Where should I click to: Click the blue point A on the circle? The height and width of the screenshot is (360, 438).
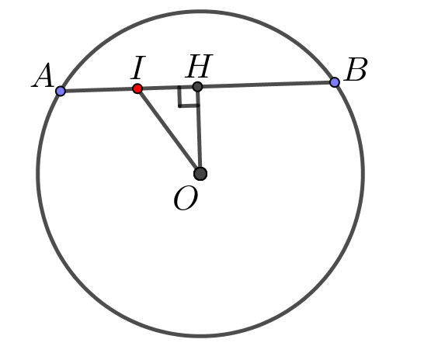coord(61,91)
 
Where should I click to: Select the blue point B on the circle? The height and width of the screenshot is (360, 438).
coord(335,82)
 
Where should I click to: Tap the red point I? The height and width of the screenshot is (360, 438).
coord(137,88)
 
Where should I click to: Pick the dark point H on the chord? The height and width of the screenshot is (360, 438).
coord(197,87)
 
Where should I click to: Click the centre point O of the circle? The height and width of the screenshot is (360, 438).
coord(200,174)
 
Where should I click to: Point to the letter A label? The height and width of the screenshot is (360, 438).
coord(43,75)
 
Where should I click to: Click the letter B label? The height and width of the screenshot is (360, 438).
coord(356,70)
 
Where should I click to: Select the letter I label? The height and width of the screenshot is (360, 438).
coord(138,67)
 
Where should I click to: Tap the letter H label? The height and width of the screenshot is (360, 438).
coord(199,66)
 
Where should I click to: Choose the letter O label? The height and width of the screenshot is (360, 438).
coord(186,198)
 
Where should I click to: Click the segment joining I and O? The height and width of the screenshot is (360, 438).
coord(169,131)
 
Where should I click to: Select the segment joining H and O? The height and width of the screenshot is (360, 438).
coord(199,130)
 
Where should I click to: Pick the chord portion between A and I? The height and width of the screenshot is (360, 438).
coord(99,90)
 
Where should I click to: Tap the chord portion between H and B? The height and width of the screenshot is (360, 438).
coord(266,85)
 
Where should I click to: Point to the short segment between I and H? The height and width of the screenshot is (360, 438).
coord(167,88)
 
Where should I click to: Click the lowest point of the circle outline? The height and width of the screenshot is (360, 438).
coord(200,336)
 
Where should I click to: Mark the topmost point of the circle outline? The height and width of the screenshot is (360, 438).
coord(200,12)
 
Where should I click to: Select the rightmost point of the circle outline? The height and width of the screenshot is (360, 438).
coord(363,174)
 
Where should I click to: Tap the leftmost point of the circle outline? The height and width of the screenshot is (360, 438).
coord(38,174)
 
